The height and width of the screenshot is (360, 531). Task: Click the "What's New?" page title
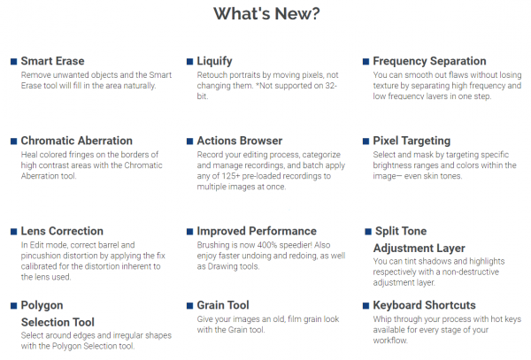coord(266,14)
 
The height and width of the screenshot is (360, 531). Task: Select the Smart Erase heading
coord(52,61)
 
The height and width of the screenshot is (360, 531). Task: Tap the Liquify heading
coord(215,61)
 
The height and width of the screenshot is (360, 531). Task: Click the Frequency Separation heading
coord(429,61)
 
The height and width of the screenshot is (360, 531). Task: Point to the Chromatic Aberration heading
coord(76,141)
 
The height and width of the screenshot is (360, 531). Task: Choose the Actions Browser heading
coord(240,141)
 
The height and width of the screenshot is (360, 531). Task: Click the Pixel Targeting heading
coord(412,142)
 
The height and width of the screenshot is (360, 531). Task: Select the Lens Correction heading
coord(62,231)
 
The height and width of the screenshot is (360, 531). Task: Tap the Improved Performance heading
coord(257,231)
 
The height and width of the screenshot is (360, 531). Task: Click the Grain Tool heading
coord(223,305)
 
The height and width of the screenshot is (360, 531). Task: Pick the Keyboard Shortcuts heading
coord(424,305)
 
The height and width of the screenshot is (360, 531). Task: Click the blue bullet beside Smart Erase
coord(14,62)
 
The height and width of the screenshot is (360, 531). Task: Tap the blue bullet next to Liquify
coord(189,62)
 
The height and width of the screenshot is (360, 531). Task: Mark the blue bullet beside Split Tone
coord(368,232)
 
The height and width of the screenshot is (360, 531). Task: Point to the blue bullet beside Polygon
coord(14,306)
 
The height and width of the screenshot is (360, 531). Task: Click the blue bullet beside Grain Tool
coord(189,306)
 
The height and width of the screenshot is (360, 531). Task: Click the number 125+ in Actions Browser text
coord(231,176)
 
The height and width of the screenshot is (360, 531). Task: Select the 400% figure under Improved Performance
coord(266,245)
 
